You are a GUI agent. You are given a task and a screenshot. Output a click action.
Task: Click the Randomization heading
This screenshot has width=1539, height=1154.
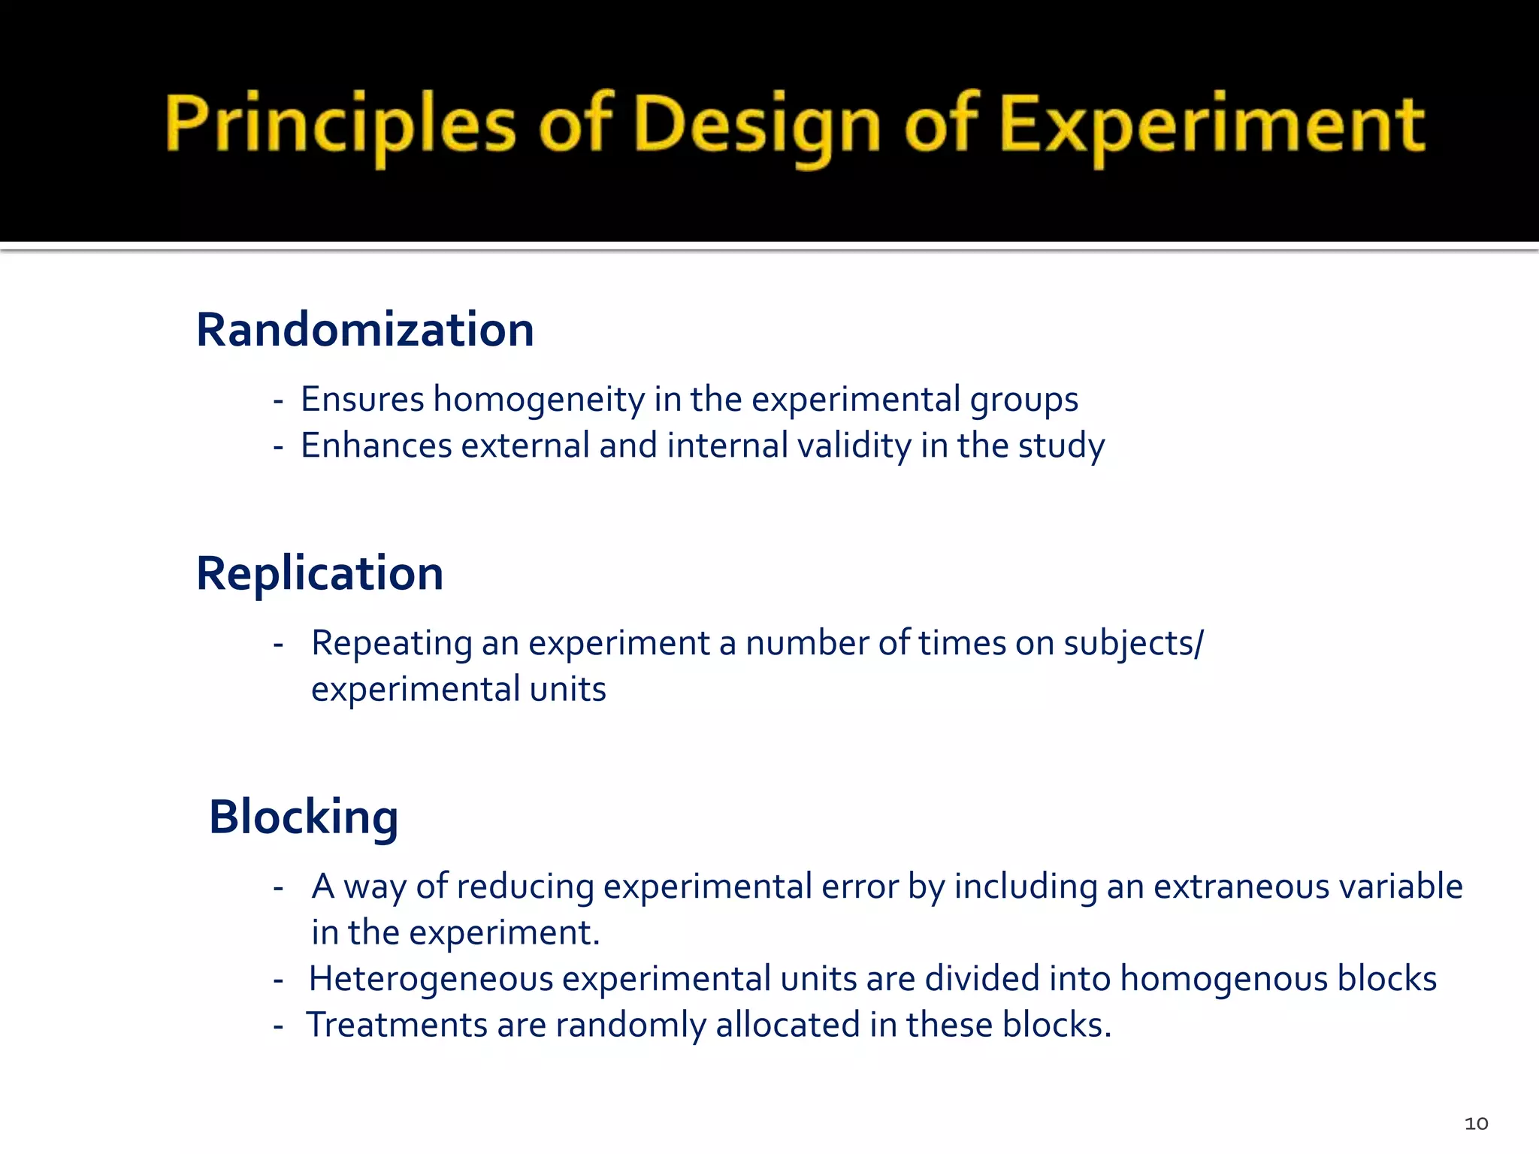point(364,330)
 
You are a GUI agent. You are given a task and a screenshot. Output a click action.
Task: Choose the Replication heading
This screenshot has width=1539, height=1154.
point(319,574)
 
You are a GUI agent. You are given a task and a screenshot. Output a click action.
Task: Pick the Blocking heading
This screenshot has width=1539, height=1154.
point(304,817)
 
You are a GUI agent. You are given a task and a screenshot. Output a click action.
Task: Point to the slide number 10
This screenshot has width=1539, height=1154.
point(1476,1124)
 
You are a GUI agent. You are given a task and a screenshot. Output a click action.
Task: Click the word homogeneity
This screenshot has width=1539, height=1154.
point(538,400)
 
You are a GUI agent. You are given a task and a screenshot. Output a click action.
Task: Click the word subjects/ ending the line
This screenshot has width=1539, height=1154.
point(1133,644)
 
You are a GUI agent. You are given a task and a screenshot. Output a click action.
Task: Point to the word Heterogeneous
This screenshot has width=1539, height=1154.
point(431,979)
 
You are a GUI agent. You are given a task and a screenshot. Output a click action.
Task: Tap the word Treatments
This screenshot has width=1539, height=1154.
point(397,1026)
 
